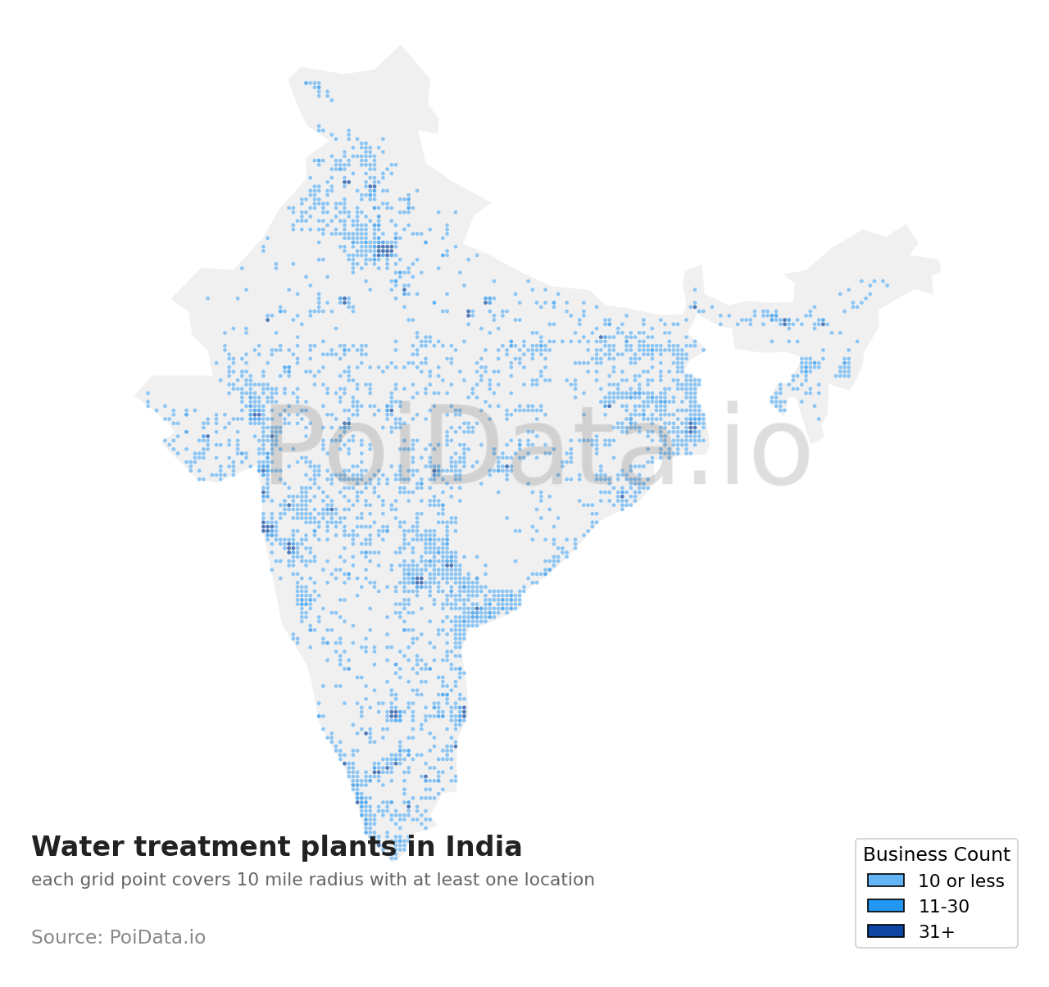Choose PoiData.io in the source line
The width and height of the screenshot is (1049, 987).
tap(157, 938)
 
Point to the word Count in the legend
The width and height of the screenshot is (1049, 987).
tap(983, 855)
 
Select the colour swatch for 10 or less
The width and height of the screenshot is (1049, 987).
tap(886, 881)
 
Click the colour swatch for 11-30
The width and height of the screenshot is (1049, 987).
tap(886, 906)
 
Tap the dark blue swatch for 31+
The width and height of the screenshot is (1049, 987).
tap(886, 931)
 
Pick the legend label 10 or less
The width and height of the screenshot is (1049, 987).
tap(960, 881)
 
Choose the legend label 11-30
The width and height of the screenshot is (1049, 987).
tap(943, 907)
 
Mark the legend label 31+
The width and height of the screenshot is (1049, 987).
tap(936, 932)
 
